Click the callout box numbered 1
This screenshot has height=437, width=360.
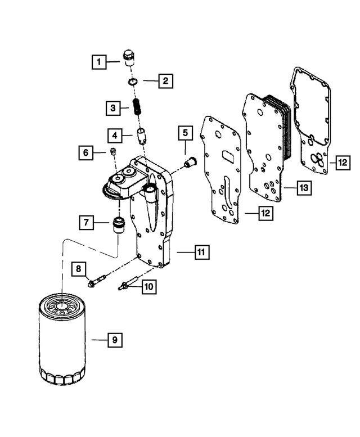pos(99,60)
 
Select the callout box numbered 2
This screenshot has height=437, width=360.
pos(165,81)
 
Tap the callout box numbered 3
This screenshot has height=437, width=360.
pos(112,107)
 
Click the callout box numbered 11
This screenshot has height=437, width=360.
pos(200,253)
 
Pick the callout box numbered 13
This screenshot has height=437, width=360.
pos(304,188)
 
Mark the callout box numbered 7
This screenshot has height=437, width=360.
pos(87,222)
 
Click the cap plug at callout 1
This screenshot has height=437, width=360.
pos(129,57)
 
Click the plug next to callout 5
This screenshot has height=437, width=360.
pos(190,163)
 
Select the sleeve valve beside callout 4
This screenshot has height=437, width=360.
pos(142,136)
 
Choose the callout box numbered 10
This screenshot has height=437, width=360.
pos(148,287)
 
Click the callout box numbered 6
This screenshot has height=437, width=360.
pos(86,152)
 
